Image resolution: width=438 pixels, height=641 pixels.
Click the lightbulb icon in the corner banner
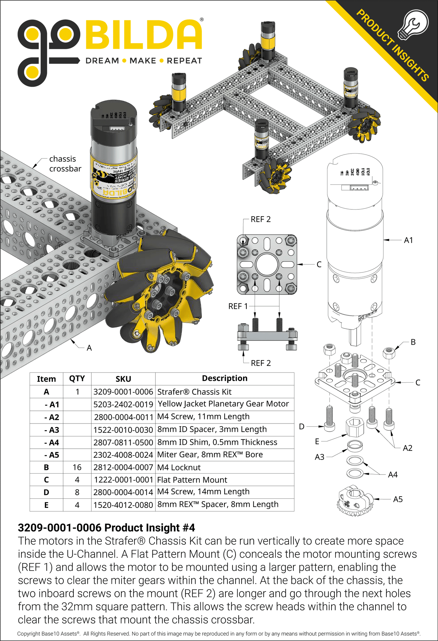pyautogui.click(x=413, y=24)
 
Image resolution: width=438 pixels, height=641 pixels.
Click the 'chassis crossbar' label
pyautogui.click(x=65, y=164)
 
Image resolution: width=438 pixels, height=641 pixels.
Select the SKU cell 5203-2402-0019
pyautogui.click(x=123, y=404)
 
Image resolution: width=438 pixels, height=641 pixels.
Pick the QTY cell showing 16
pyautogui.click(x=77, y=467)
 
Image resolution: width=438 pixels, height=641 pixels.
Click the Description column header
pyautogui.click(x=225, y=378)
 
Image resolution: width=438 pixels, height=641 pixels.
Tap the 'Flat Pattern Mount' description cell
pyautogui.click(x=192, y=480)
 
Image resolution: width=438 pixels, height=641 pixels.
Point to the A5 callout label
pyautogui.click(x=398, y=499)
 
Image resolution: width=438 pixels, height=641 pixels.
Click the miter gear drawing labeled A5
pyautogui.click(x=355, y=501)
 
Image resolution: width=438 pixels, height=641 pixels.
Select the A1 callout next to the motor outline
pyautogui.click(x=408, y=240)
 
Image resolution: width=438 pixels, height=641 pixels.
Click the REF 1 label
pyautogui.click(x=238, y=306)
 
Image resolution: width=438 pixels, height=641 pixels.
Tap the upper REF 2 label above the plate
pyautogui.click(x=260, y=219)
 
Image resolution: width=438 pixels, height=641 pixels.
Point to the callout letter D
pyautogui.click(x=302, y=427)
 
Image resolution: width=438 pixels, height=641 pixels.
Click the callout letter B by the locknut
pyautogui.click(x=413, y=342)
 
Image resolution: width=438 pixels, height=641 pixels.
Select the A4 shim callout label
pyautogui.click(x=393, y=474)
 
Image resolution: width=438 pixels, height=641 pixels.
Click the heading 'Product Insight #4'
pyautogui.click(x=106, y=528)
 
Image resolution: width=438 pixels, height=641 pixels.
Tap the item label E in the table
pyautogui.click(x=46, y=505)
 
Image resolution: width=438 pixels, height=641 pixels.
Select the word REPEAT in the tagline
pyautogui.click(x=184, y=61)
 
